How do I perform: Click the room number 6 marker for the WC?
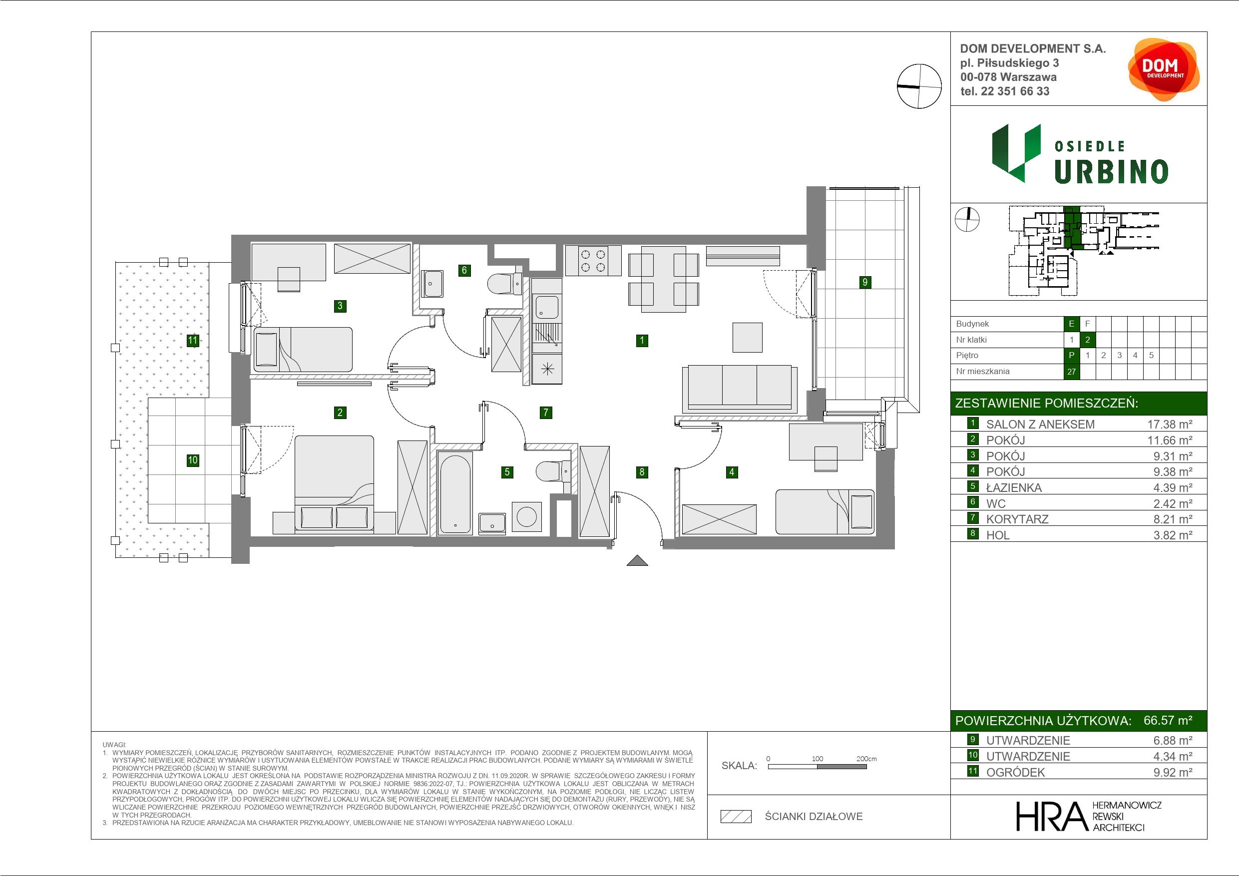click(464, 270)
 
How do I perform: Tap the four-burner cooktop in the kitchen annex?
click(592, 261)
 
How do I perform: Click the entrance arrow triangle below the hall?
click(637, 561)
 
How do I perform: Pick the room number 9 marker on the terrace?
click(865, 282)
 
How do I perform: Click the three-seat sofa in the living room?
click(739, 388)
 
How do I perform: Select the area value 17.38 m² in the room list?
click(1170, 424)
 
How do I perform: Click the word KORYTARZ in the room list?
click(1017, 519)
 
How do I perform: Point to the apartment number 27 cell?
click(1071, 372)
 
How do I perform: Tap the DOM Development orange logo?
click(1164, 69)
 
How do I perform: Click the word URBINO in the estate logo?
click(1111, 172)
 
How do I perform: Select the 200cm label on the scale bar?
click(866, 759)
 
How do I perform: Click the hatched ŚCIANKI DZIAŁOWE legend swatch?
click(736, 817)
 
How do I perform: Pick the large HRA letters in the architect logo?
click(1050, 816)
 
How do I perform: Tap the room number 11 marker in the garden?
click(193, 340)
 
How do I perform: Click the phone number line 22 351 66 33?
click(1005, 91)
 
